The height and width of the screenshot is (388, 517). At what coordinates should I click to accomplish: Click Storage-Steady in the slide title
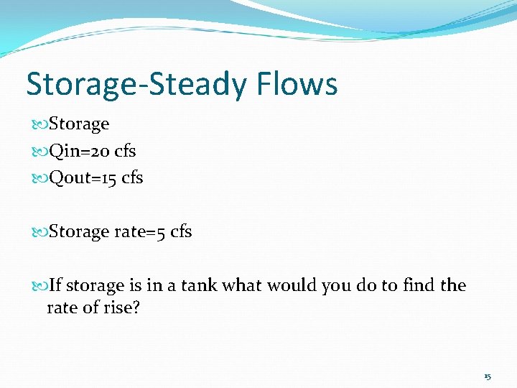136,84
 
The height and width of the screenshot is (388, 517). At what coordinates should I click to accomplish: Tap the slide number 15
488,377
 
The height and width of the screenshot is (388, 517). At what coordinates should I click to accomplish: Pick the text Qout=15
81,177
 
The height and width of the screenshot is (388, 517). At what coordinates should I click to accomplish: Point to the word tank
199,285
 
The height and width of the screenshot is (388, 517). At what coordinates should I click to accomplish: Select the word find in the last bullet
417,285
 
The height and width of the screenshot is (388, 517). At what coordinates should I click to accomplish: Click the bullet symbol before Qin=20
39,152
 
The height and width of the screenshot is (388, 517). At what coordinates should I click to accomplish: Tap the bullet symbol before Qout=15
39,178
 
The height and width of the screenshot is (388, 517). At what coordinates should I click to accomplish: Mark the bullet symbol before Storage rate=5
39,233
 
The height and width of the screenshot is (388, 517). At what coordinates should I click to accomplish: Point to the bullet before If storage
39,286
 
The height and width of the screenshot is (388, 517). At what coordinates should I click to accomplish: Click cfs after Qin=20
125,151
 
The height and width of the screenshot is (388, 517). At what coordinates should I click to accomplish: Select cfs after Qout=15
132,177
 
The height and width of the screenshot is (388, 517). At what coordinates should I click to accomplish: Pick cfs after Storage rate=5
181,232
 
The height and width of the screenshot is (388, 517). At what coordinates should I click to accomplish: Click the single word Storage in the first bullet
79,124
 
